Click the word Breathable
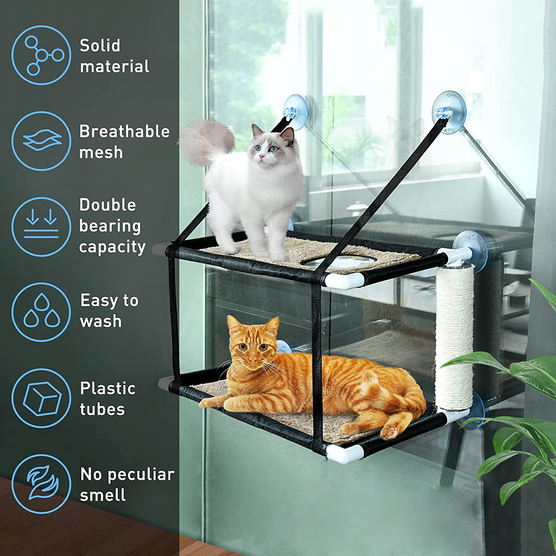click(125, 131)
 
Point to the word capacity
click(112, 247)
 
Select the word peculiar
click(141, 474)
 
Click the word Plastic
click(108, 388)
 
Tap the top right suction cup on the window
click(449, 112)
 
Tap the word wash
click(101, 321)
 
